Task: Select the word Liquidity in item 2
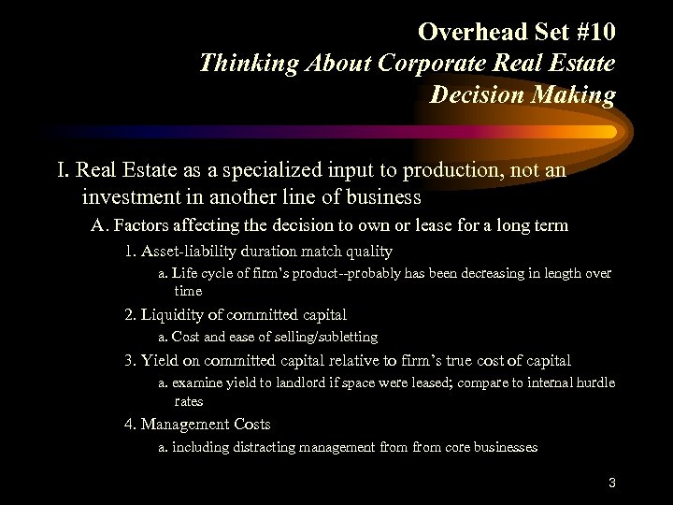tap(173, 314)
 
